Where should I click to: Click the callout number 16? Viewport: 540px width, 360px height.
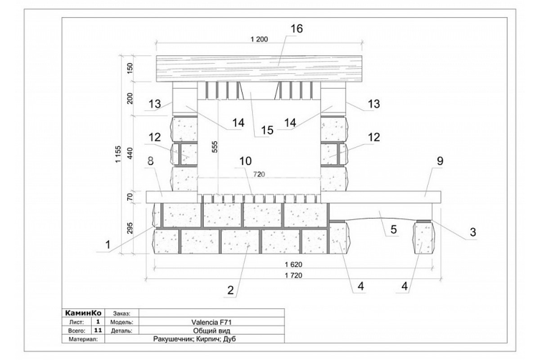point(297,29)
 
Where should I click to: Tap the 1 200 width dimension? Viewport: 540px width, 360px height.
point(259,39)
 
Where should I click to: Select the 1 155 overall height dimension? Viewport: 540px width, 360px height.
point(118,154)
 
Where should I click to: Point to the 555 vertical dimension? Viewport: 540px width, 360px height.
point(214,147)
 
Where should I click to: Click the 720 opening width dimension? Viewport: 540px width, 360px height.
point(259,174)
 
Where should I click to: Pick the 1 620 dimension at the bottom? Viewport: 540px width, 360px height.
point(293,265)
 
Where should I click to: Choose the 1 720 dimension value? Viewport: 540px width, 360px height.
point(293,275)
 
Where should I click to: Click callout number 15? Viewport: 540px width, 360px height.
point(267,130)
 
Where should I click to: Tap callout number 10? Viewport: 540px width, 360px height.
point(245,161)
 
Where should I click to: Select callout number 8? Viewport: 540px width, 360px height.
point(150,161)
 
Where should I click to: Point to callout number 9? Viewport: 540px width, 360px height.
point(440,161)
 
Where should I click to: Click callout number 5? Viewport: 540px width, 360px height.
point(393,229)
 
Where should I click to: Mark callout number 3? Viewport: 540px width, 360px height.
point(473,232)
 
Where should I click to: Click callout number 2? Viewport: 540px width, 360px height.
point(230,290)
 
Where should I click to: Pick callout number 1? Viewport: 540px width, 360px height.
point(108,245)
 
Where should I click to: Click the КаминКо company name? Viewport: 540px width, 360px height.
point(83,313)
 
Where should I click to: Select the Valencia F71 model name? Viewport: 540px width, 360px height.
point(211,322)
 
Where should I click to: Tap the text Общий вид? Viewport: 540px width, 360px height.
point(211,331)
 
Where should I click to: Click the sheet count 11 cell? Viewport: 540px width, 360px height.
point(98,330)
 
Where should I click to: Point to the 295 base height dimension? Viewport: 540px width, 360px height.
point(130,228)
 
